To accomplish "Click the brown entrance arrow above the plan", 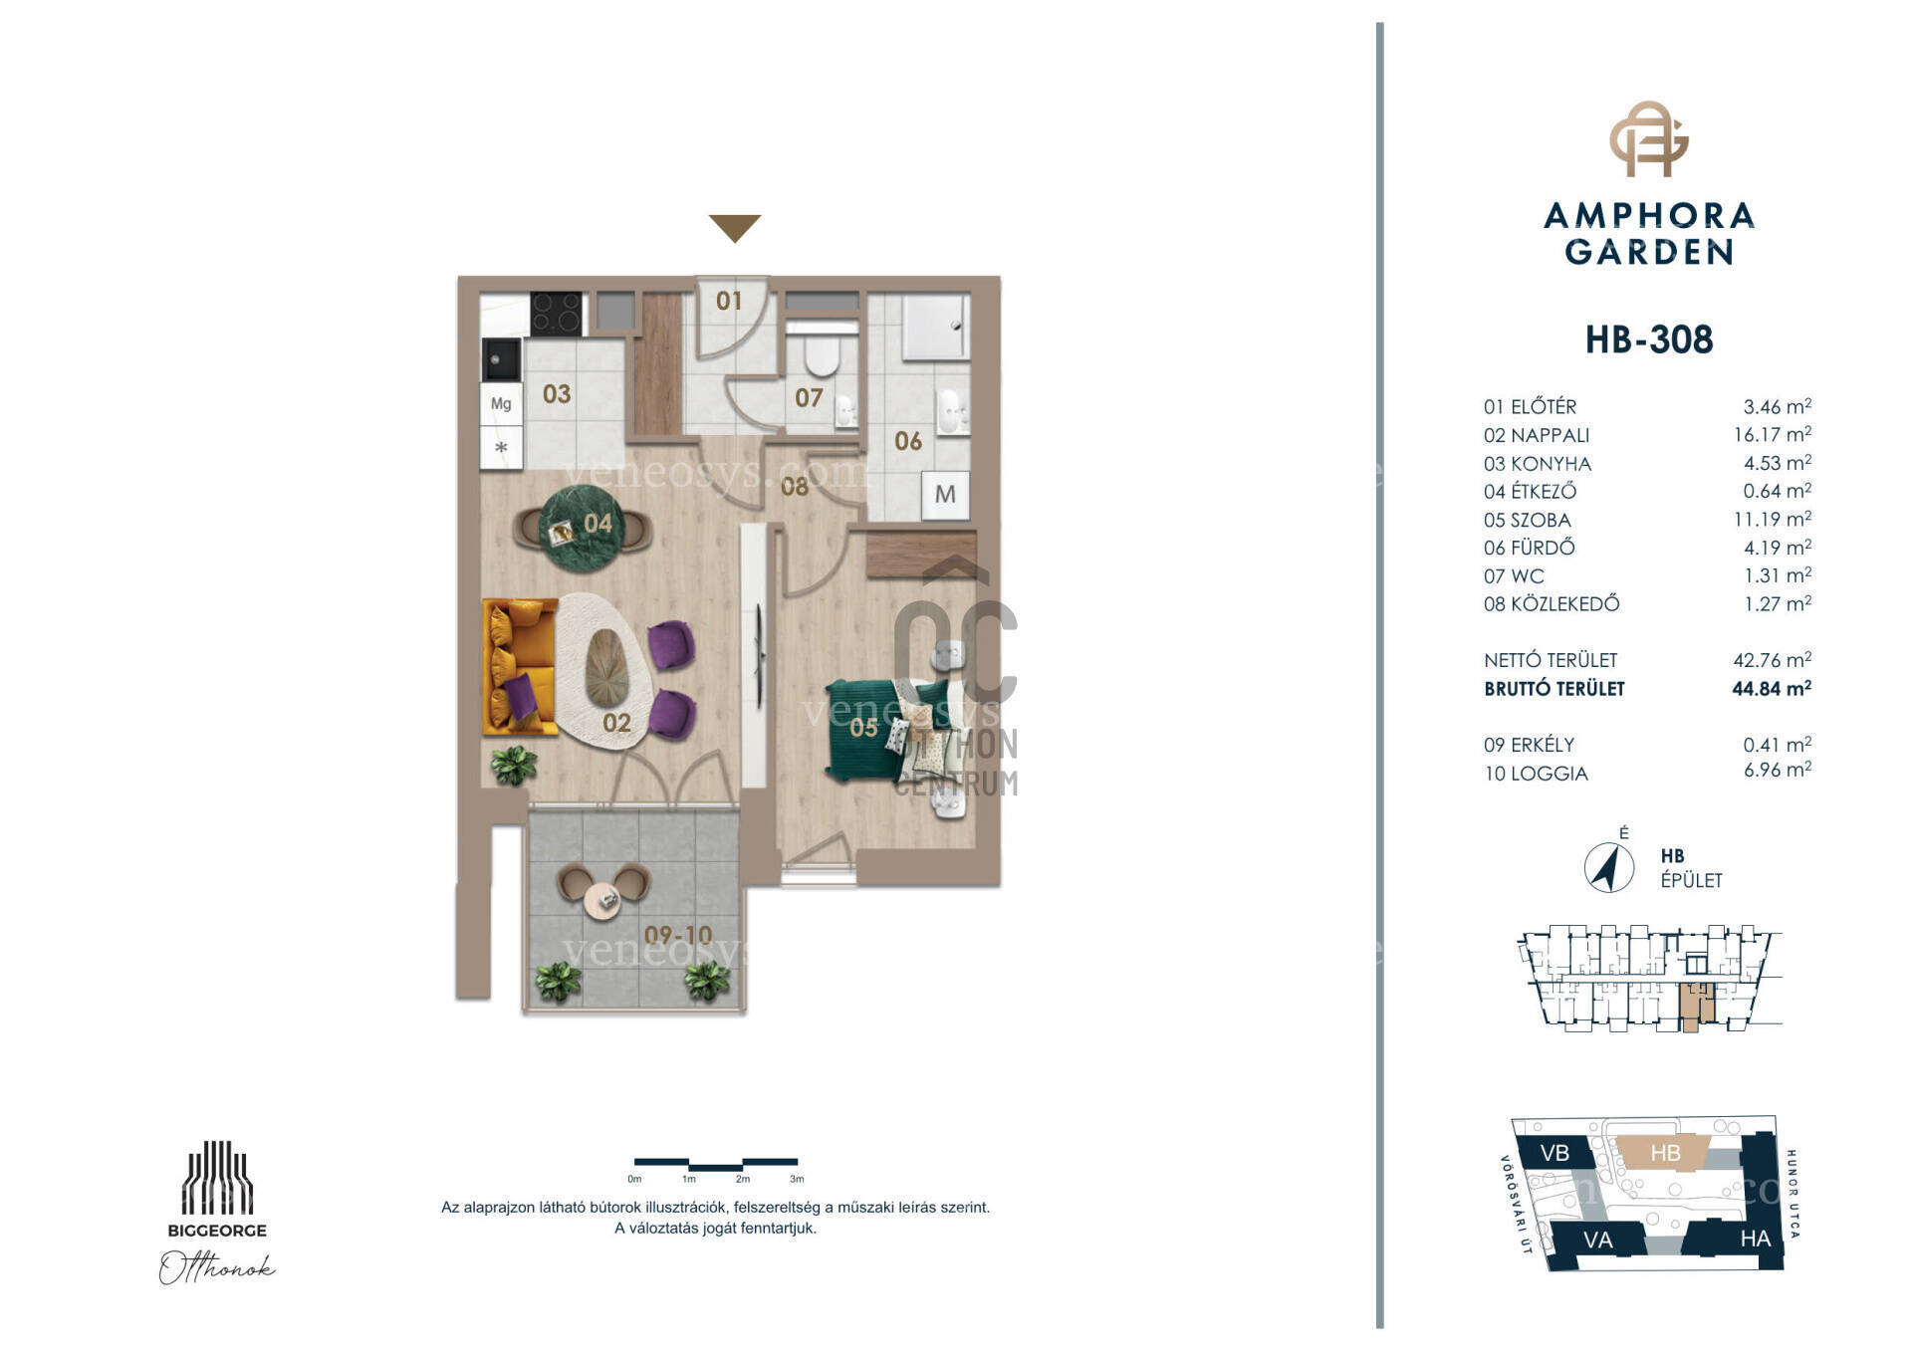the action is click(735, 227).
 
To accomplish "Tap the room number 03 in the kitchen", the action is click(557, 394).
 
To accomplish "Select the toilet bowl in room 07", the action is click(823, 353).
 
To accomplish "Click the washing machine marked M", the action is click(945, 495).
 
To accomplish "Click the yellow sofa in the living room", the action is click(519, 666).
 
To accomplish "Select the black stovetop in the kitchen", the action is click(556, 313).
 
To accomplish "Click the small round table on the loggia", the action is click(602, 901).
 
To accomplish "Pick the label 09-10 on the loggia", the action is click(678, 935).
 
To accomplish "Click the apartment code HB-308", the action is click(1649, 339).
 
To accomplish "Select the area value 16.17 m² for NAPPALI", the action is click(1772, 435).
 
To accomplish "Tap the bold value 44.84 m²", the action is click(1772, 688).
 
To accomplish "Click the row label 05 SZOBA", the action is click(1527, 520).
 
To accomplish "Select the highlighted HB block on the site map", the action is click(1665, 1154).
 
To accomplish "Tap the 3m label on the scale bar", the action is click(797, 1180).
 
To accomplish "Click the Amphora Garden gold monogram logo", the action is click(1649, 138).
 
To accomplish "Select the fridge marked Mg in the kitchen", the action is click(501, 404).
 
